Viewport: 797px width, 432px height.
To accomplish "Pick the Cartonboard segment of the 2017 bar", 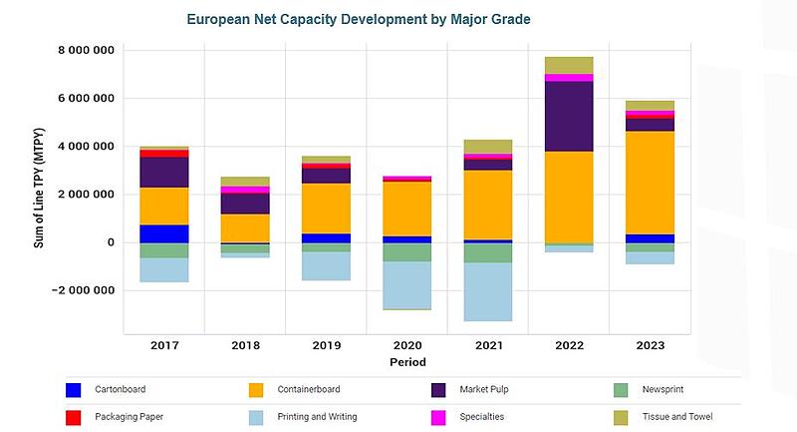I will [x=164, y=233].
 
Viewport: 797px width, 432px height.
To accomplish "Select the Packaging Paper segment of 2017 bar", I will [x=164, y=153].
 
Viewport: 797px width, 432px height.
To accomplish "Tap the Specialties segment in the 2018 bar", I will [x=246, y=190].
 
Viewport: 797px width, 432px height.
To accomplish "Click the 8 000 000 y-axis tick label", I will [x=87, y=51].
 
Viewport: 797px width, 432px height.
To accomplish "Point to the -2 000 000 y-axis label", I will [x=84, y=290].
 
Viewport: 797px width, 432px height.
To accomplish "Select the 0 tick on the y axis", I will [x=110, y=242].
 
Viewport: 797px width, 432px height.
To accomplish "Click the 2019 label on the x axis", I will [x=328, y=345].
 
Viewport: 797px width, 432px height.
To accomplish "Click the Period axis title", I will [x=408, y=362].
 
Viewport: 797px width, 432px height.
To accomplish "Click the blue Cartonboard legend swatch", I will [x=73, y=390].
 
